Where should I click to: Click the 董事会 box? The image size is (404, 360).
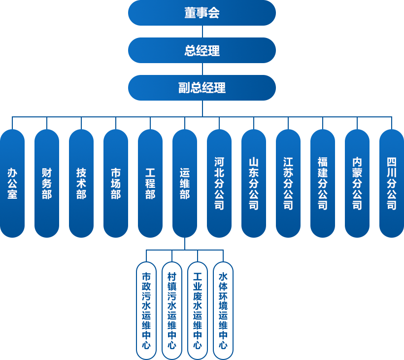[x=202, y=13]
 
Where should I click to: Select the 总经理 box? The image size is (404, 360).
[x=202, y=50]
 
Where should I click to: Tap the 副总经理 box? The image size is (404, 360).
[x=202, y=88]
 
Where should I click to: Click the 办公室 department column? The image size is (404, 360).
[x=12, y=183]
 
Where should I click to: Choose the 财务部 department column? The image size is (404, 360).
[x=47, y=183]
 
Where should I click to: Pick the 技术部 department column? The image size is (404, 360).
[x=81, y=183]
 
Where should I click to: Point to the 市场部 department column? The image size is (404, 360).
[x=116, y=183]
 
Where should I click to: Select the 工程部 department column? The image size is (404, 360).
[x=150, y=183]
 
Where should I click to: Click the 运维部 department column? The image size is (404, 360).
[x=184, y=183]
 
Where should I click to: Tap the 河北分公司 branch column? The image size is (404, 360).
[x=219, y=183]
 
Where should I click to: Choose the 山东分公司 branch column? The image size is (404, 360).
[x=254, y=183]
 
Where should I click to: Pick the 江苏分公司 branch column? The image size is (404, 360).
[x=288, y=183]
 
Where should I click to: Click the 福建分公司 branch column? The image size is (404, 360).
[x=323, y=183]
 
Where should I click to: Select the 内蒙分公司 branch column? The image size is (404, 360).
[x=357, y=183]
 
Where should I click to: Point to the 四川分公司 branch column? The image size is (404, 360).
[x=391, y=183]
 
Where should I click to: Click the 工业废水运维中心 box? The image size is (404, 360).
[x=198, y=311]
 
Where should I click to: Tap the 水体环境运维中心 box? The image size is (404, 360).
[x=223, y=311]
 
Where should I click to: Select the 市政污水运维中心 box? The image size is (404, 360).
[x=146, y=311]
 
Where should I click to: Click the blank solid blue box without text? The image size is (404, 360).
[x=171, y=311]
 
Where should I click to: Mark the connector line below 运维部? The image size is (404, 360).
[x=184, y=244]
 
